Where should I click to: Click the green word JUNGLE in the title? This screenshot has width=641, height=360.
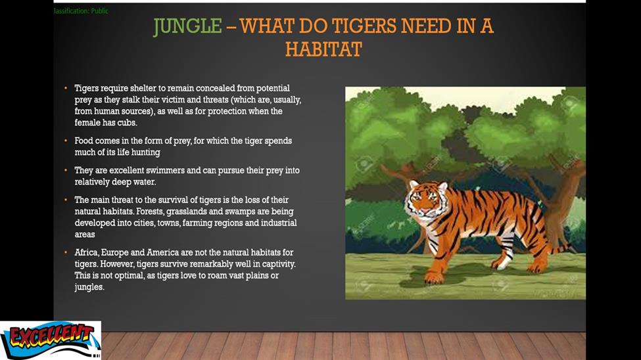pyautogui.click(x=187, y=26)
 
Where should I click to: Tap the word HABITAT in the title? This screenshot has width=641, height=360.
pyautogui.click(x=323, y=50)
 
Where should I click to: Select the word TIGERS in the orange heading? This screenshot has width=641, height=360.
pyautogui.click(x=364, y=26)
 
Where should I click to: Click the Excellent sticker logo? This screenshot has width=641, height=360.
pyautogui.click(x=50, y=340)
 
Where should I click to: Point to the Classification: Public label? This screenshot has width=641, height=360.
pyautogui.click(x=81, y=11)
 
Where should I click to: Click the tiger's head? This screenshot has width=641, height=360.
pyautogui.click(x=425, y=200)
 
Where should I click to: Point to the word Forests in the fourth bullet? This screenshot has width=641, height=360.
pyautogui.click(x=150, y=212)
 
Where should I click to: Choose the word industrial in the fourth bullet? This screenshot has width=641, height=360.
pyautogui.click(x=279, y=223)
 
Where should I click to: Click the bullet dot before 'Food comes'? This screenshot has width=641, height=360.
pyautogui.click(x=65, y=141)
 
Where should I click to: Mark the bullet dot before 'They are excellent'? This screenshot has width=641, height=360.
pyautogui.click(x=65, y=170)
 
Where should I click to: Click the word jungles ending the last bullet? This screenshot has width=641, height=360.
pyautogui.click(x=89, y=287)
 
